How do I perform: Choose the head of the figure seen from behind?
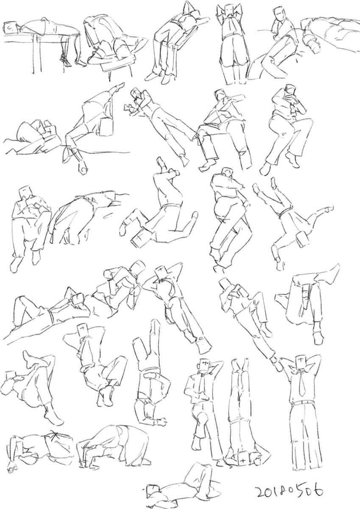(229, 11)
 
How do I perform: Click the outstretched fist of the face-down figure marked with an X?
(12, 454)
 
